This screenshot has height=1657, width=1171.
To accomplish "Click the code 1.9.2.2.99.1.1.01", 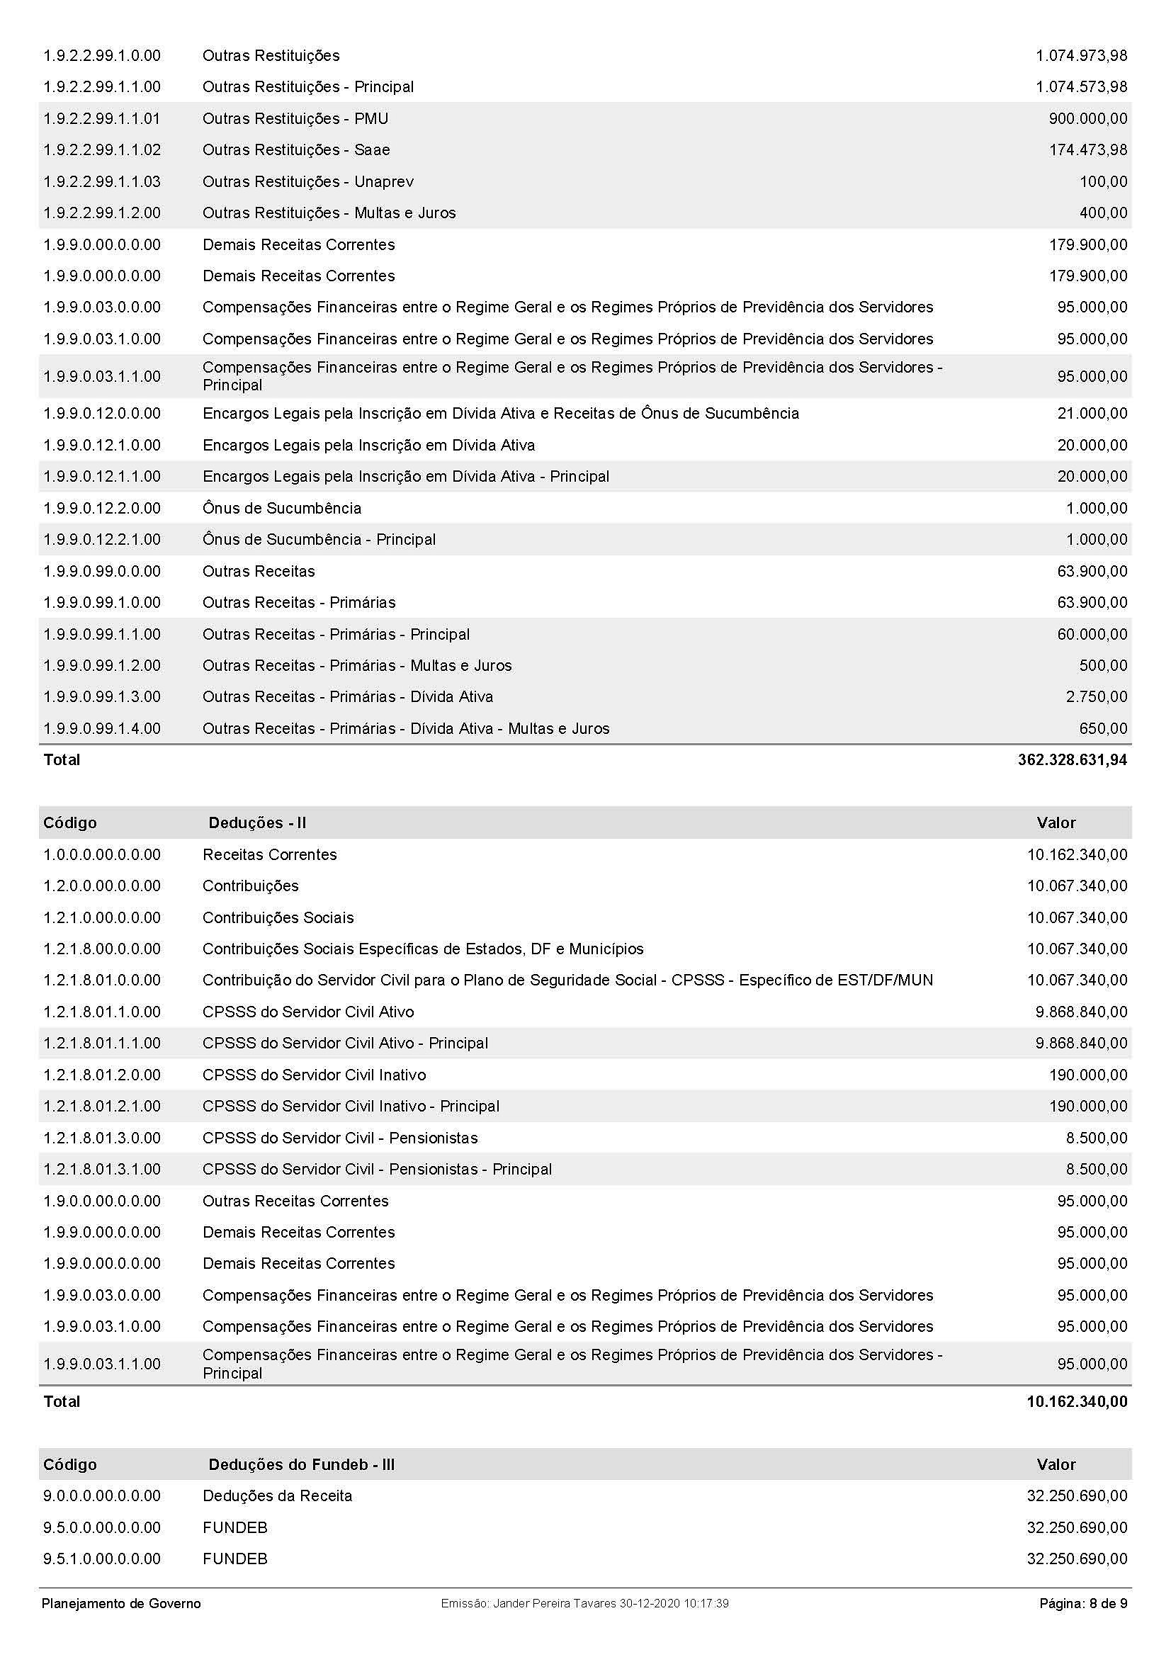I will coord(102,118).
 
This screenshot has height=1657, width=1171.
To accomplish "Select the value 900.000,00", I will coord(1087,118).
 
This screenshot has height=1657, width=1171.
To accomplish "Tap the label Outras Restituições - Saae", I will coord(296,150).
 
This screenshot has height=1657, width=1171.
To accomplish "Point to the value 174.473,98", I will coord(1087,150).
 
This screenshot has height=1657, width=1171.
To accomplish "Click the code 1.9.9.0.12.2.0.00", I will coord(102,508).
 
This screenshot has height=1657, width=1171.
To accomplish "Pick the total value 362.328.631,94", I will coord(1072,760).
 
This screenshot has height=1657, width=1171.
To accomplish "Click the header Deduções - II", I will coord(257,822).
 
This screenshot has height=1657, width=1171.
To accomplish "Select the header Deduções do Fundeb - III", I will coord(301,1464).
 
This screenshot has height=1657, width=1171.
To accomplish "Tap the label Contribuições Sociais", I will coord(278,917).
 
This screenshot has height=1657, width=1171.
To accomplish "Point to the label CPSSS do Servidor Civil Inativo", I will coord(314,1075).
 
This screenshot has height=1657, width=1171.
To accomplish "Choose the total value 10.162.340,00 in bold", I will coord(1077,1401).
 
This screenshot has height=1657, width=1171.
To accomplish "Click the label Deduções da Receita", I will coord(277,1495).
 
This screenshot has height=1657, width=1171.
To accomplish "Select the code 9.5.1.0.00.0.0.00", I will coord(102,1559).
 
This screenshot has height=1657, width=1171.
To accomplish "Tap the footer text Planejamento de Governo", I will coord(121,1604).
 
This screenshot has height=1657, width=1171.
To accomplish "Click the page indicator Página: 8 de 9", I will coord(1083,1604).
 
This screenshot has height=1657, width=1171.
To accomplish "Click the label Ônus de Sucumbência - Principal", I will coord(319,540).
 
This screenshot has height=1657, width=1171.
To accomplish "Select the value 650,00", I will coord(1103,729).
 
